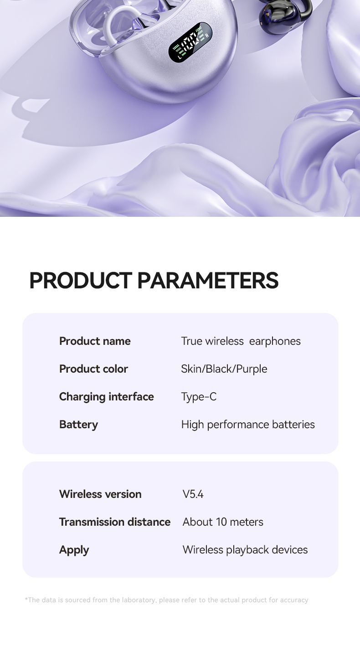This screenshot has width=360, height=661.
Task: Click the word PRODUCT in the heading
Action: (81, 280)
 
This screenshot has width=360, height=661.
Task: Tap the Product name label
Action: (95, 341)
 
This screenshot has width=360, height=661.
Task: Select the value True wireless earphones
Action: (241, 341)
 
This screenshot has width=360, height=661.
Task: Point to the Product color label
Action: (93, 369)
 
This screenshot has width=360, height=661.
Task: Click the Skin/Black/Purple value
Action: (224, 369)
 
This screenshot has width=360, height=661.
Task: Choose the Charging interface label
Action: (106, 397)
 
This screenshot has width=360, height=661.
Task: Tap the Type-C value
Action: (199, 397)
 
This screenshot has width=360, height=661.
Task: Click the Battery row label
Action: (78, 425)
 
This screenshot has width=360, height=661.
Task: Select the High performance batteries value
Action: (248, 425)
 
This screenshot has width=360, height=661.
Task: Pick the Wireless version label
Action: (100, 494)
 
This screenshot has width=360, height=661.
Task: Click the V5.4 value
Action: (193, 494)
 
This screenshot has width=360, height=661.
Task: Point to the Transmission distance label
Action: (114, 522)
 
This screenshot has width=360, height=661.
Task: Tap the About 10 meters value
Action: (223, 522)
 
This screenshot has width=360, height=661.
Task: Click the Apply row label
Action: (74, 550)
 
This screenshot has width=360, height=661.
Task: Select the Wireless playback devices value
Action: (245, 550)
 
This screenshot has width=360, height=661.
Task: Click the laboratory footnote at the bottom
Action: (166, 600)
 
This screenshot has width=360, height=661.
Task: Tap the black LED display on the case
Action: (190, 42)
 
